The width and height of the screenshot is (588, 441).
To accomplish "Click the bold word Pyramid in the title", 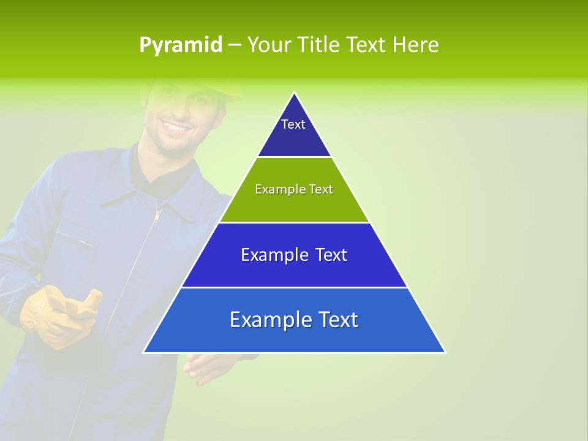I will [x=181, y=45].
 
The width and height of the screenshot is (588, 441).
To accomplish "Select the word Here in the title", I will [x=415, y=45].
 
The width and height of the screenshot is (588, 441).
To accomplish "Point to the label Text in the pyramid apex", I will [x=293, y=124].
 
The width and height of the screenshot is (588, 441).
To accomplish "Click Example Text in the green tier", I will [x=294, y=189].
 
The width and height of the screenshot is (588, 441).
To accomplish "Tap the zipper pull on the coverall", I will [x=157, y=216].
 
